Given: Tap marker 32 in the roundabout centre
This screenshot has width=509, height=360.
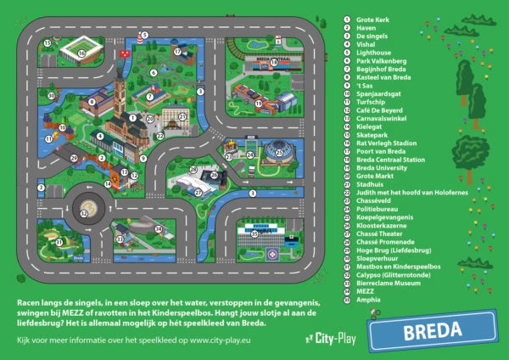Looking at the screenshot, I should coord(83,213).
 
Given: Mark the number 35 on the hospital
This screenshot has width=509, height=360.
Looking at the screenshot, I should coord(253,232).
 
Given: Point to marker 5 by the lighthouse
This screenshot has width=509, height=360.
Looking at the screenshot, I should coord(145,36).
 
